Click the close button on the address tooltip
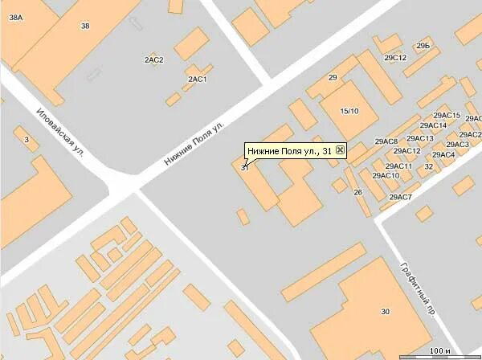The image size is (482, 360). coord(341,150)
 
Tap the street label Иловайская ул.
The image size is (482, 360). coord(68,129)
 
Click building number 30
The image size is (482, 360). coord(385,311)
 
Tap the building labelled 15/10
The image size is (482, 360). coord(349,110)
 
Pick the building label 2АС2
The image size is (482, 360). coord(153,60)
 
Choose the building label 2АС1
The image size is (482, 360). coord(198,80)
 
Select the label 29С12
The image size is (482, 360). coord(395,58)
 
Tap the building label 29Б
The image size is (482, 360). coord(423,47)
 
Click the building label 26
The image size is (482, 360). coord(358,192)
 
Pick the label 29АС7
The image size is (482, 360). coord(400,197)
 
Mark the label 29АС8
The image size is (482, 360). coord(386,142)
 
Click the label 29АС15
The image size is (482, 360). coord(446,116)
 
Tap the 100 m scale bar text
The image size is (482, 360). coord(439,350)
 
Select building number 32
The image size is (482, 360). coord(429,167)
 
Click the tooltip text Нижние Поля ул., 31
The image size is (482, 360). coord(289,150)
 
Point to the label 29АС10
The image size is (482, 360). coord(386,176)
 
